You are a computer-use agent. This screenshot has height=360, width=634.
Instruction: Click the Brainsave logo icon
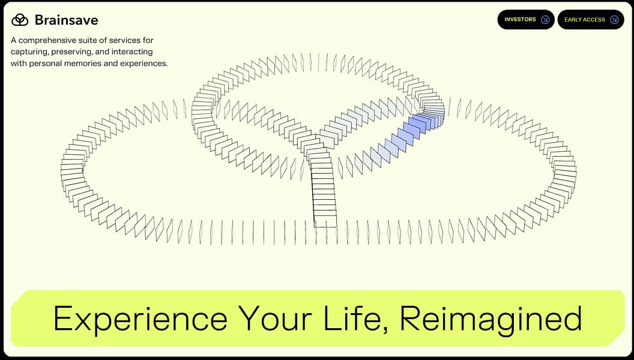tap(20, 20)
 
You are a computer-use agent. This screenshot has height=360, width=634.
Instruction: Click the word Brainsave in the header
tap(66, 20)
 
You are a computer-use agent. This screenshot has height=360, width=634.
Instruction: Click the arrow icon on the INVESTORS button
tap(545, 20)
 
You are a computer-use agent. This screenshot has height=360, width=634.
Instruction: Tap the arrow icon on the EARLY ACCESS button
tap(614, 20)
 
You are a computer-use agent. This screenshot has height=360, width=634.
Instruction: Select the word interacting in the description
tap(131, 52)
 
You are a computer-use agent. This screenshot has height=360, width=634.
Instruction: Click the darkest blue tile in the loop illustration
tap(410, 129)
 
